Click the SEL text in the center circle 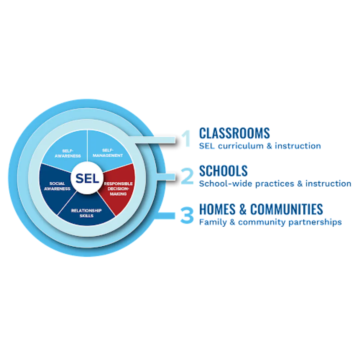point(87,178)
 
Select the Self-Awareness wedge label point(68,153)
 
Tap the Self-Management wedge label point(108,153)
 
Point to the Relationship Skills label point(86,213)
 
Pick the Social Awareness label point(57,186)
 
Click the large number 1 point(186,138)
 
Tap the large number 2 point(187,176)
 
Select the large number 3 point(187,215)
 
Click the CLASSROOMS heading point(234,133)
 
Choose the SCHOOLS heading point(223,171)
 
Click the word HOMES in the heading point(217,209)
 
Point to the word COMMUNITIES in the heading point(287,209)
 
